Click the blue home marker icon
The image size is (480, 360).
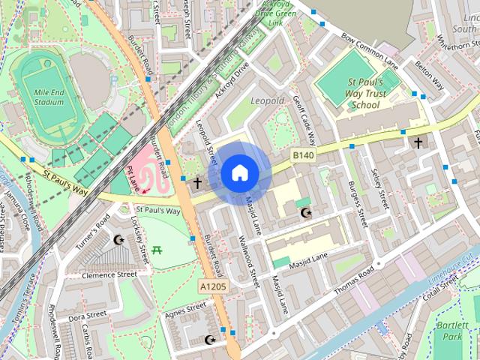click(x=240, y=173)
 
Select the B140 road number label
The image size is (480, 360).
click(x=302, y=155)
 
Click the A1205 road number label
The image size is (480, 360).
click(x=212, y=286)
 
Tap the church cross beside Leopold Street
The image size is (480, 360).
click(x=197, y=182)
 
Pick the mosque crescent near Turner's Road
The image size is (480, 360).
click(x=118, y=240)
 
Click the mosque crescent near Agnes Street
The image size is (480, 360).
click(x=210, y=340)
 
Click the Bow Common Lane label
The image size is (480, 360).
click(x=370, y=46)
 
